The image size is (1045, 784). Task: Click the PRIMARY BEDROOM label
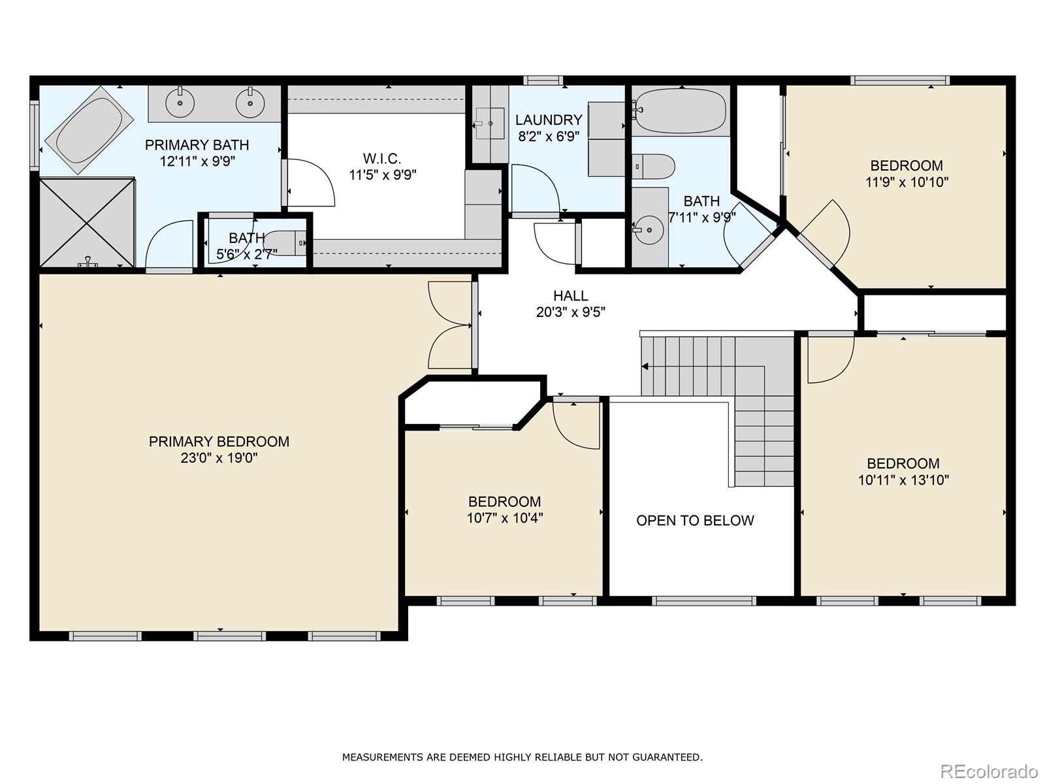coord(219,442)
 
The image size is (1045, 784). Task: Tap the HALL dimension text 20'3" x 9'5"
coord(570,312)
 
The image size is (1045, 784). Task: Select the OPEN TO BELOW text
coord(695,521)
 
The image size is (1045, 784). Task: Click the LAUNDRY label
coord(549,120)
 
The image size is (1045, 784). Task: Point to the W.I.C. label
coord(382,159)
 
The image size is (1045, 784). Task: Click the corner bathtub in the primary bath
coord(89,130)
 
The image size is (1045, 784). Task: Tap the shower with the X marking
coord(87,222)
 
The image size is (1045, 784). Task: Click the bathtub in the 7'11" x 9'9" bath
coord(681,111)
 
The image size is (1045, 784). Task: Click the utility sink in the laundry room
coord(489,123)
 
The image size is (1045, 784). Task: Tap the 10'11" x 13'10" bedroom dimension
coord(903,480)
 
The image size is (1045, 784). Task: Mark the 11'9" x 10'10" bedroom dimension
coord(907,182)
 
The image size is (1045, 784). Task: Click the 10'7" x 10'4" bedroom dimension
coord(505,518)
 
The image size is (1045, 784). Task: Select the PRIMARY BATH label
coord(197,144)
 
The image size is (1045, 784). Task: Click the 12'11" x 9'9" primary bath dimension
coord(198,161)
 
